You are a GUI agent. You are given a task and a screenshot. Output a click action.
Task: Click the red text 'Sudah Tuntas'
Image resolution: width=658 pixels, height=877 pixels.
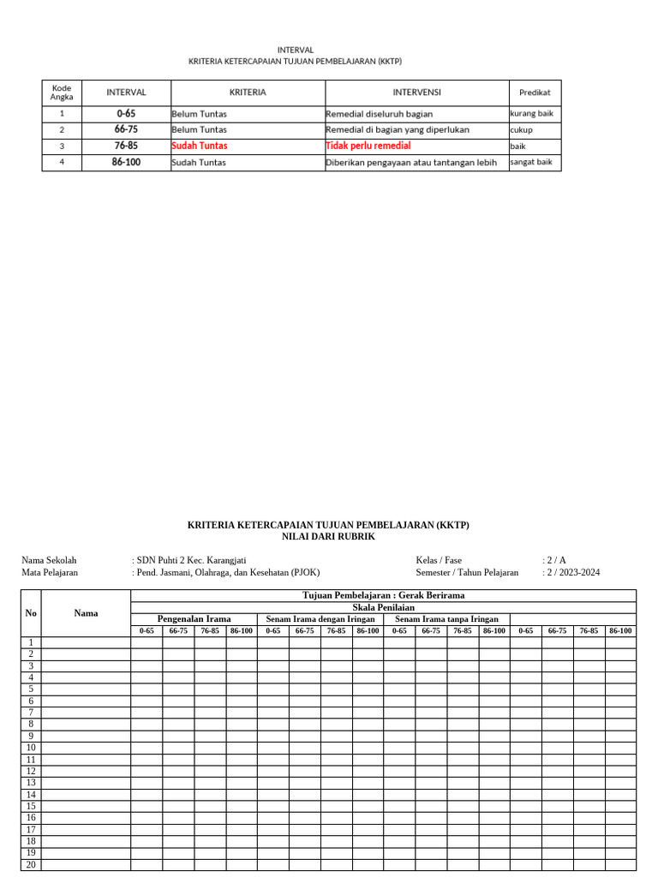200,146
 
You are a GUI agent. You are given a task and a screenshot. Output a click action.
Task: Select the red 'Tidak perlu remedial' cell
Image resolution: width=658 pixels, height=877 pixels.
368,146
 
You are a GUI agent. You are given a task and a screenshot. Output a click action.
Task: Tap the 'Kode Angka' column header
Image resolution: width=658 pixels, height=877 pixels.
62,92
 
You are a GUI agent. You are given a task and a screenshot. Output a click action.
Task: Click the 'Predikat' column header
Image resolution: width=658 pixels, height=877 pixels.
535,92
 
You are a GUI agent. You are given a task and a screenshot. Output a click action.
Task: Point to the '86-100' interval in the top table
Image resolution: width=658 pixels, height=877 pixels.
126,162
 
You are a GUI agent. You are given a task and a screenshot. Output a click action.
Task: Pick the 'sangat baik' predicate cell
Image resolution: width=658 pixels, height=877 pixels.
531,162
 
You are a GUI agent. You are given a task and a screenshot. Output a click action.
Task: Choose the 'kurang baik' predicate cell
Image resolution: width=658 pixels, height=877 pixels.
531,113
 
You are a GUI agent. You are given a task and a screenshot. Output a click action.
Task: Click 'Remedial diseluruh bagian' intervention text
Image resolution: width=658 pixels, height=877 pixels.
379,113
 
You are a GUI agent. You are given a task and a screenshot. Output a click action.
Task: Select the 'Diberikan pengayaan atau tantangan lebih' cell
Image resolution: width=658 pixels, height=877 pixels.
411,162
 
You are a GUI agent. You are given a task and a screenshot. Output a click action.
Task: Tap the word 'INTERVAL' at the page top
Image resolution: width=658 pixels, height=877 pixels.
295,50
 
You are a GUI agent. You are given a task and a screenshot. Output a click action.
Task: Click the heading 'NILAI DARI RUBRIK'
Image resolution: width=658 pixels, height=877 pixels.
328,536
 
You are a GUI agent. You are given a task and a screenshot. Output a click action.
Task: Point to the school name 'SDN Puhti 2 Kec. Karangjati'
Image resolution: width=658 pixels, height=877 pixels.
191,560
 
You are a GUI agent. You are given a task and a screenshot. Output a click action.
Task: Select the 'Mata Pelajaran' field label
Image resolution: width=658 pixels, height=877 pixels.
50,572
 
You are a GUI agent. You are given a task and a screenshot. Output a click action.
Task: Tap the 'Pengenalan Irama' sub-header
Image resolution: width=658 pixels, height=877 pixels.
194,618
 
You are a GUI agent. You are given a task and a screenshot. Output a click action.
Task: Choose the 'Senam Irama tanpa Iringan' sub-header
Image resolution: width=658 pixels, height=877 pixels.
446,618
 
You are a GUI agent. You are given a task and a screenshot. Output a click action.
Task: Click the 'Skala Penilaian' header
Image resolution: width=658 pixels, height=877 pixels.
383,607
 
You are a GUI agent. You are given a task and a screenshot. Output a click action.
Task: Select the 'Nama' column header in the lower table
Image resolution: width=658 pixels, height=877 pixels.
86,612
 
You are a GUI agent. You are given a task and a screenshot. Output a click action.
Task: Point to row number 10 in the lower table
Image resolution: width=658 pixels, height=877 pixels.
31,748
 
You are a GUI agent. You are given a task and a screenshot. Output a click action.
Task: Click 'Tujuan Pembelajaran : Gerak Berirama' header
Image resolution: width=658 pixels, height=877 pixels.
383,595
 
